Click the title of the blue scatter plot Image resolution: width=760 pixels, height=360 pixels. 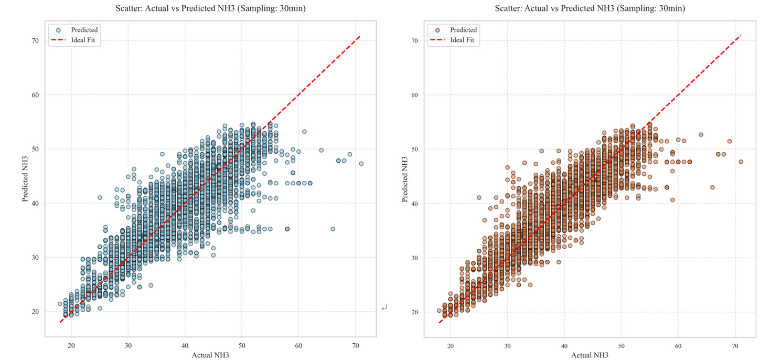pos(211,8)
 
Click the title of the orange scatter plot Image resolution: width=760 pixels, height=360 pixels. pos(590,8)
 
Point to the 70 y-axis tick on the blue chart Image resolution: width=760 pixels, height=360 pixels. pos(35,40)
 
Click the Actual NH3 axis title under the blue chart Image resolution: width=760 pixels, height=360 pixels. pos(211,355)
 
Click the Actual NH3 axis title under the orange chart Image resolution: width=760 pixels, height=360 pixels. pos(590,355)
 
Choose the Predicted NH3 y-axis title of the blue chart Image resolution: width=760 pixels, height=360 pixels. pos(25,178)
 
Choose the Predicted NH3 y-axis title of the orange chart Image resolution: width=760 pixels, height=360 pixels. pos(404,178)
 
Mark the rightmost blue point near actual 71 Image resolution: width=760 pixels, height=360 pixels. pos(361,164)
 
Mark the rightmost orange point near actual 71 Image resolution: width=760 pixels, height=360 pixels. pos(741,162)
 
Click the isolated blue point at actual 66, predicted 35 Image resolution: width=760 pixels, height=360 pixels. pos(333,229)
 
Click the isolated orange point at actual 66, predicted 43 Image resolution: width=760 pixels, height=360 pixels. pos(712,187)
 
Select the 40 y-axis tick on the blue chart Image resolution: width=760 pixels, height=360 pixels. pos(35,203)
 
